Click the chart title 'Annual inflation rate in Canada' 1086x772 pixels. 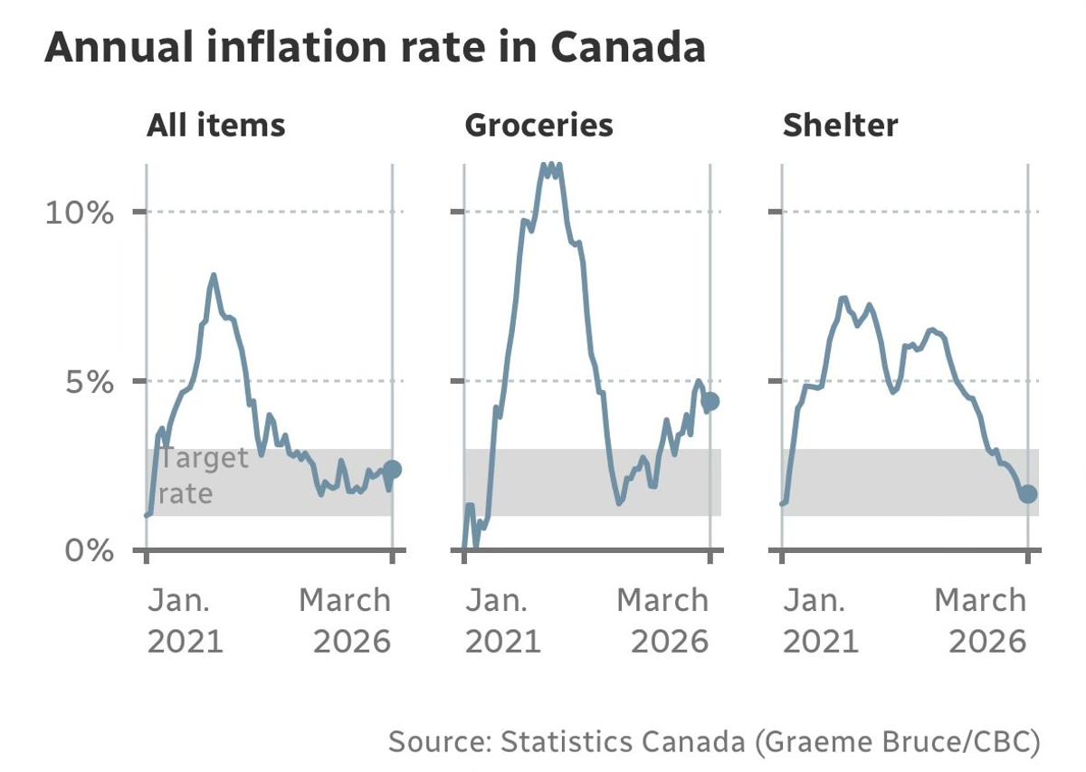tap(375, 47)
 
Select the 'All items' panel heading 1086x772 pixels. tap(215, 125)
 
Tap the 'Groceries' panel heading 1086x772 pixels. tap(538, 125)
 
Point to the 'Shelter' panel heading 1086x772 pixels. tap(840, 125)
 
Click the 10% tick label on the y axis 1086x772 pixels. tap(80, 213)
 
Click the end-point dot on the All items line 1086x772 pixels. tap(392, 469)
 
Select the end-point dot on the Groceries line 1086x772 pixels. tap(710, 402)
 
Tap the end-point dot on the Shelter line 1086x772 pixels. tap(1028, 493)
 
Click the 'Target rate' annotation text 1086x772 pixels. tap(201, 475)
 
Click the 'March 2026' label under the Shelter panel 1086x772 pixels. tap(981, 620)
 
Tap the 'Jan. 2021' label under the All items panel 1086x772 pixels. tap(185, 620)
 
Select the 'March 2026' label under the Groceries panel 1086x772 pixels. tap(663, 620)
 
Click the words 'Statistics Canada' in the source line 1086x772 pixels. tap(613, 742)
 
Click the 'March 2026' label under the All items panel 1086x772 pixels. tap(346, 620)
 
